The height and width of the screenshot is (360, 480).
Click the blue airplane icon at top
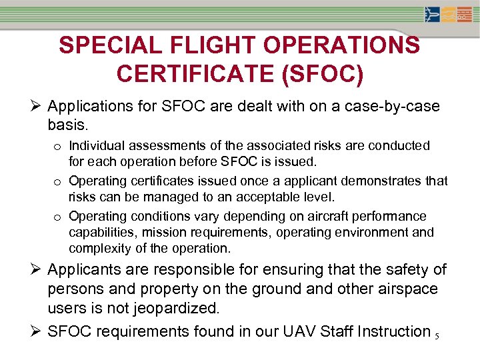(x=432, y=15)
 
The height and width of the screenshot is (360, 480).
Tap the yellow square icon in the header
(x=449, y=15)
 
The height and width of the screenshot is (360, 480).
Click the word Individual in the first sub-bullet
(x=97, y=145)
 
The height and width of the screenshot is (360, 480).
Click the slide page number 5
(x=436, y=336)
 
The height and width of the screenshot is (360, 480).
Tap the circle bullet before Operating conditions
(x=58, y=217)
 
